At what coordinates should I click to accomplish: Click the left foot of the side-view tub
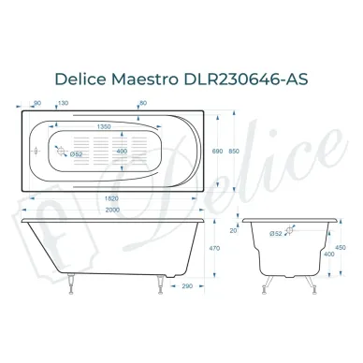click(67, 279)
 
